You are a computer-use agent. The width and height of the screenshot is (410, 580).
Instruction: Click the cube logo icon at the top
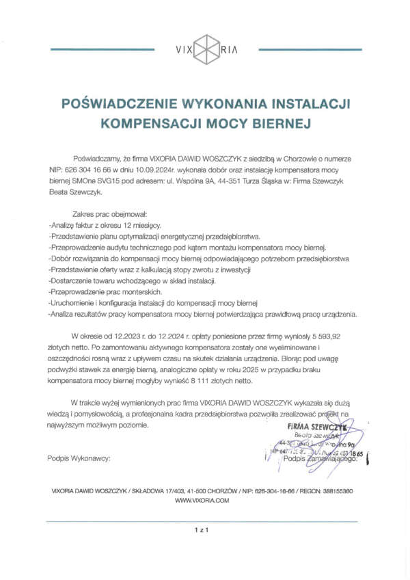tap(205, 49)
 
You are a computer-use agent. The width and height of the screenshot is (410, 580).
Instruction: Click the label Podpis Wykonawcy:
tap(79, 457)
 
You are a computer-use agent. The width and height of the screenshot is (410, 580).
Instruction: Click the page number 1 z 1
tap(201, 529)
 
